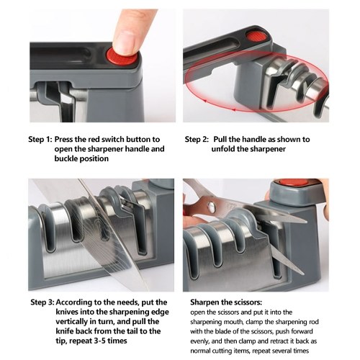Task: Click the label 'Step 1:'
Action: click(x=40, y=140)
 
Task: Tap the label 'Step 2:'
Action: click(x=197, y=140)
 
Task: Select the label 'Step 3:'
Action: click(x=42, y=302)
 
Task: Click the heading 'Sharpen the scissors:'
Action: click(x=226, y=302)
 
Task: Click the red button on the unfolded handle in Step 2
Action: click(x=256, y=37)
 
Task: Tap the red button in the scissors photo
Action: click(x=294, y=183)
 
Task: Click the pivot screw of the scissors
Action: click(x=212, y=206)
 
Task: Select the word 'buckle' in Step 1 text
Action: click(x=66, y=158)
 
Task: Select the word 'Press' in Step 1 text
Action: click(x=63, y=139)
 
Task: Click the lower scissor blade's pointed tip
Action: click(x=303, y=274)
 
